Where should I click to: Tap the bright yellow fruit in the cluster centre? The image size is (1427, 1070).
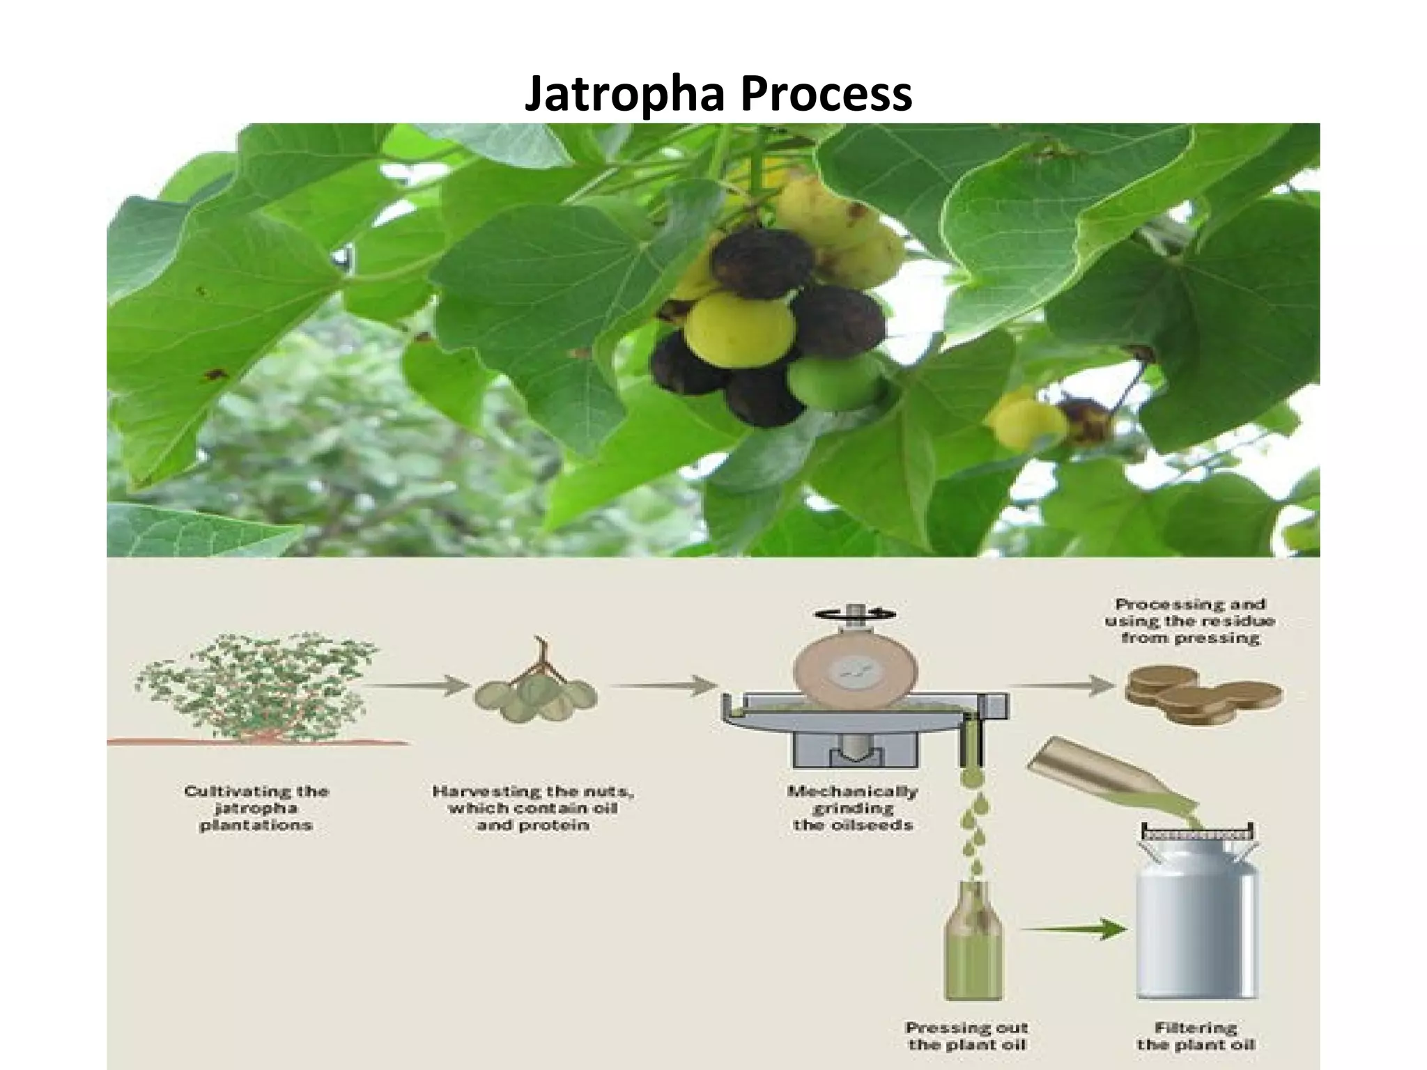point(739,329)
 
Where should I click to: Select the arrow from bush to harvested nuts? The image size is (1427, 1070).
point(417,685)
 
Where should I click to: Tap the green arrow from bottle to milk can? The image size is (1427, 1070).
point(1077,929)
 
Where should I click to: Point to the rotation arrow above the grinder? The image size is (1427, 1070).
point(856,613)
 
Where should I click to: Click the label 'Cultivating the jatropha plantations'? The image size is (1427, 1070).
point(256,808)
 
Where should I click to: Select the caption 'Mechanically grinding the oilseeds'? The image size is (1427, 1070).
point(852,808)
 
